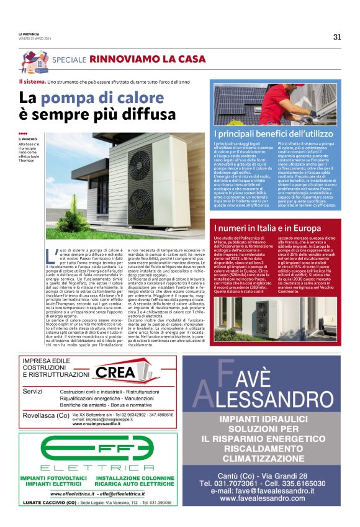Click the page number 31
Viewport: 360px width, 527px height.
(x=337, y=36)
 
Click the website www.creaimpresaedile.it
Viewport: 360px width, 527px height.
(x=105, y=424)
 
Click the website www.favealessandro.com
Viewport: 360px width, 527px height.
(x=269, y=498)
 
